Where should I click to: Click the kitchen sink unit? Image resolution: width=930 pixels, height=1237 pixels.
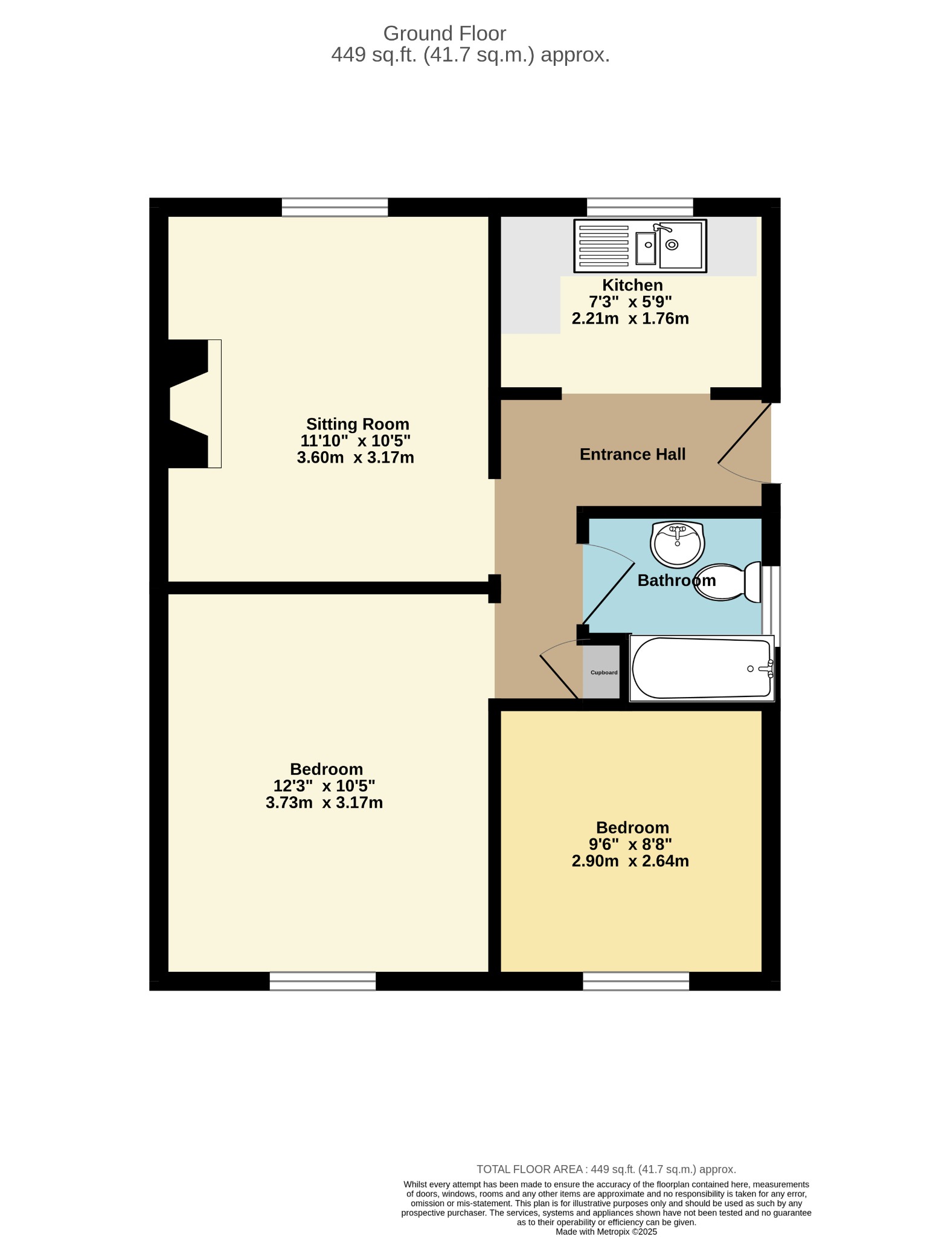coord(640,246)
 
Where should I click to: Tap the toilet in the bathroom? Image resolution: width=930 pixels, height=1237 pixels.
coord(727,582)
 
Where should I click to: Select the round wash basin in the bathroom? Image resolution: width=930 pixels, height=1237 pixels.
coord(678,544)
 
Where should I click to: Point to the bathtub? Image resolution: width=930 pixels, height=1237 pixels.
coord(702,668)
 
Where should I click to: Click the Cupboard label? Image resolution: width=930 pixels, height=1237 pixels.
coord(604,672)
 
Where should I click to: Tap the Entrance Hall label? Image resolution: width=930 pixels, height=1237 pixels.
coord(632,454)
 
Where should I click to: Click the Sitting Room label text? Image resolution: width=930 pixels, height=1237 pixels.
coord(358,424)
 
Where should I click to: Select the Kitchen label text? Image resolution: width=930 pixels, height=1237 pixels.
coord(632,285)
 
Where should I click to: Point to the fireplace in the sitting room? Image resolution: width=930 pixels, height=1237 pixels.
coord(190,403)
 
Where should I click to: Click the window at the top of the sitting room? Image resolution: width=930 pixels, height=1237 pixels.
coord(335,207)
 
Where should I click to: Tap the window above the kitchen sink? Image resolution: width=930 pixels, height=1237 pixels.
coord(640,207)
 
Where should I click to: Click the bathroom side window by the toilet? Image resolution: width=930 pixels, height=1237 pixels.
coord(771,606)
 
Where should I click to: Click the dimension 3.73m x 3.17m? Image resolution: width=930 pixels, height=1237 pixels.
coord(324,803)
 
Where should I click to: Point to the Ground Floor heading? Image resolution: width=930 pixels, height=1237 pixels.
coord(444,33)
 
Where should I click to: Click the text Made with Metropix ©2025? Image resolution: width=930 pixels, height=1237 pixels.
coord(606,1232)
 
